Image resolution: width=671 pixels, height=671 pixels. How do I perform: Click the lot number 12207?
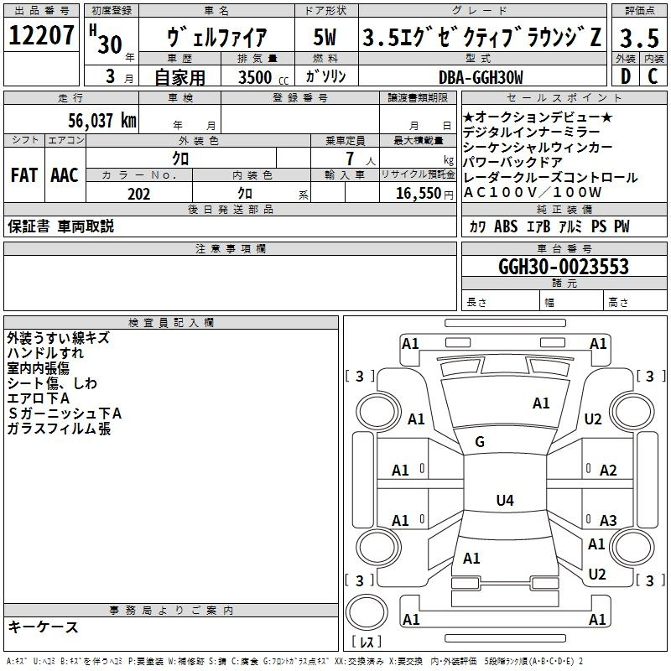[43, 36]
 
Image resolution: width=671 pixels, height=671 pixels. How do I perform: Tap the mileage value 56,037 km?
[94, 121]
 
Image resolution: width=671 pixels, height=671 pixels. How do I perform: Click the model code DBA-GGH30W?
[481, 78]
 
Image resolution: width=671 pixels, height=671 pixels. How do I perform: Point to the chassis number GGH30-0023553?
[563, 267]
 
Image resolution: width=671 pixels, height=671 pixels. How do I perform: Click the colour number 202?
[138, 194]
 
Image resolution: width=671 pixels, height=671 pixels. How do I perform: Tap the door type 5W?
[325, 39]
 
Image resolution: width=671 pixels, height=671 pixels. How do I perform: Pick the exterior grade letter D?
[625, 77]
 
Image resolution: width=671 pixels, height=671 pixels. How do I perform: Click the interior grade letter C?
[652, 77]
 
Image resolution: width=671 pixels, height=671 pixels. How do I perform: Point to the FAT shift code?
[23, 175]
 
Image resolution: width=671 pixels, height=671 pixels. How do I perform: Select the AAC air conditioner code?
[65, 175]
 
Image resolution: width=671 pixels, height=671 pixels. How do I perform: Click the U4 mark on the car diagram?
[504, 501]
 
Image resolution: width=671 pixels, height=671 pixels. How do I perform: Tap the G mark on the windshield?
[480, 442]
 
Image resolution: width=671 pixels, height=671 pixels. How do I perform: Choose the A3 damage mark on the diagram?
[608, 520]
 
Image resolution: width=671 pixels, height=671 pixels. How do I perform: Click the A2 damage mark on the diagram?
[608, 471]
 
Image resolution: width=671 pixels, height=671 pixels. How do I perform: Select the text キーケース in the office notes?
[43, 627]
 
